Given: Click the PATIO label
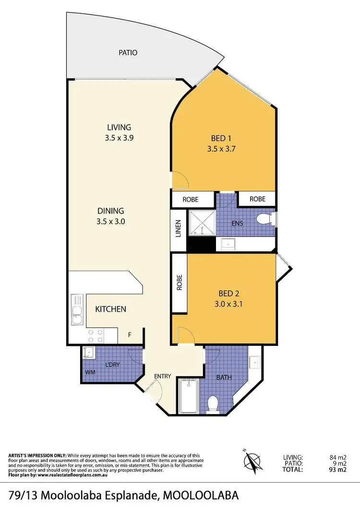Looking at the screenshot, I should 128,53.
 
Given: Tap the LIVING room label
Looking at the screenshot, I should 119,127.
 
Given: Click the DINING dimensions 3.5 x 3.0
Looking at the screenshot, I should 111,222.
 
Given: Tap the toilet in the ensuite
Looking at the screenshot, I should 264,220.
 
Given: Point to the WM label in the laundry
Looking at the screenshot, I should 89,372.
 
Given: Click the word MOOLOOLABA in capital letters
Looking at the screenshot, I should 201,495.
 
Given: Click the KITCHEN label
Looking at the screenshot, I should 110,309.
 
